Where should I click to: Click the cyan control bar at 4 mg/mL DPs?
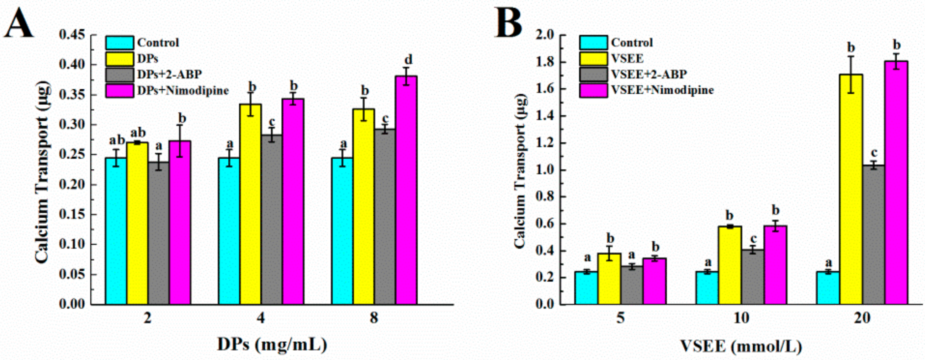coord(229,231)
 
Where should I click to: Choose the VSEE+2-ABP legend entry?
coord(649,74)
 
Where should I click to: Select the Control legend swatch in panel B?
coord(593,43)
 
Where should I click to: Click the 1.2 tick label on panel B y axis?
coord(545,143)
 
